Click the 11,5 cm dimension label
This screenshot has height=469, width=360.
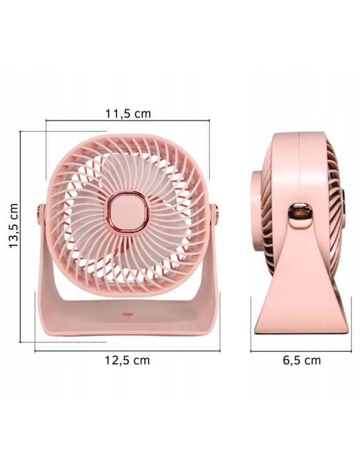click(x=128, y=114)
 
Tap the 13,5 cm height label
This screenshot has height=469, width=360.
click(x=14, y=226)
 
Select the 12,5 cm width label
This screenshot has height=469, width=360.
click(x=127, y=360)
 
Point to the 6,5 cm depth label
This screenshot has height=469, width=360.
click(x=302, y=360)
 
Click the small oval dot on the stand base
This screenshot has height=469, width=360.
click(x=127, y=314)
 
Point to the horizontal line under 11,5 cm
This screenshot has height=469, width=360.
click(x=127, y=121)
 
